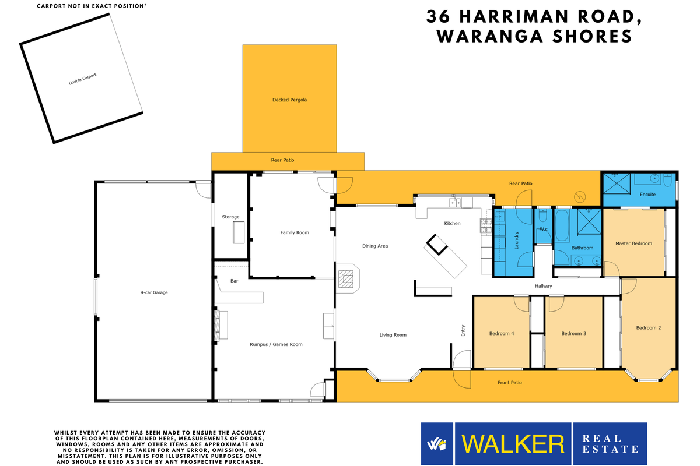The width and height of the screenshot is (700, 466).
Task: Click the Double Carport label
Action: (82, 79)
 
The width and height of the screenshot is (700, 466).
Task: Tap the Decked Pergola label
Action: (289, 100)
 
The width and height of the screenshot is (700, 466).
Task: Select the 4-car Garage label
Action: (153, 292)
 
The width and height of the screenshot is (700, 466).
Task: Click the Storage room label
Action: (230, 217)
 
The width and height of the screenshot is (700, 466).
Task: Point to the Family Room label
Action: (295, 232)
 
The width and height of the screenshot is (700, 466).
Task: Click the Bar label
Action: (234, 281)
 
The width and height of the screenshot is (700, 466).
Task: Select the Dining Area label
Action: (375, 246)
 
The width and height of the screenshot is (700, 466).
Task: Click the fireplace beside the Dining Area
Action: (348, 278)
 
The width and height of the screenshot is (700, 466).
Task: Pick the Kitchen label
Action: (452, 223)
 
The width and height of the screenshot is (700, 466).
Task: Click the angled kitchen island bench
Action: (446, 259)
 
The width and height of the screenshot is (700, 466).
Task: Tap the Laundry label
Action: (517, 242)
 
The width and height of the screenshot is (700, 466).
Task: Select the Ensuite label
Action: (647, 194)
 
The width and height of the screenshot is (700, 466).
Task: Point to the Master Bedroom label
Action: (633, 243)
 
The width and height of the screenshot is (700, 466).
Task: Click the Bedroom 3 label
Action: (573, 333)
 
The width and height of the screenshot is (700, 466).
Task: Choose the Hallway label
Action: (543, 286)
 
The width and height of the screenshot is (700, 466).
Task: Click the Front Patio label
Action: (509, 383)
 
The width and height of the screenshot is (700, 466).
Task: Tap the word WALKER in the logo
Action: (513, 444)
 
